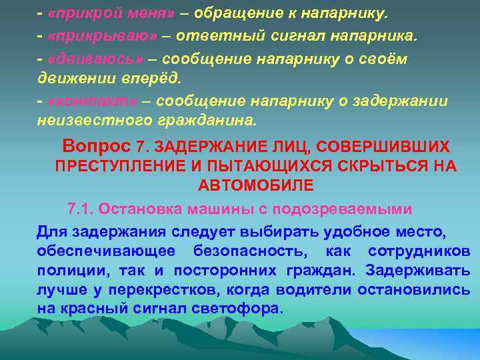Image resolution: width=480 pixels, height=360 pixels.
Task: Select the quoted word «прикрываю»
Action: [x=91, y=36]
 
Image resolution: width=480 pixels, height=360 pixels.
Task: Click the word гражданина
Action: [x=207, y=121]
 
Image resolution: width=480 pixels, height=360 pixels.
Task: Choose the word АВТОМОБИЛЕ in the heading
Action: [x=256, y=185]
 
